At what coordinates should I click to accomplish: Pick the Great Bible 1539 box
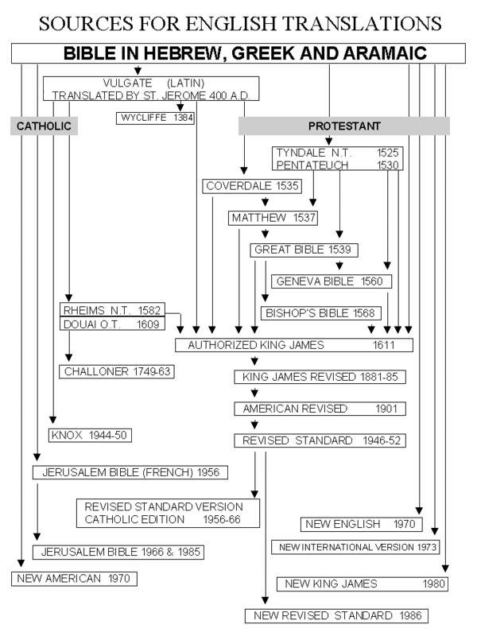click(304, 250)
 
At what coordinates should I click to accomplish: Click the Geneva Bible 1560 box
click(332, 281)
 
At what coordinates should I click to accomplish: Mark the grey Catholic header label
click(45, 126)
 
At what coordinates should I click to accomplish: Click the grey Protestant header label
click(344, 126)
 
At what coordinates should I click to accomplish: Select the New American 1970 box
click(75, 579)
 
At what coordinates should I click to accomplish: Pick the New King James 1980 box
click(363, 584)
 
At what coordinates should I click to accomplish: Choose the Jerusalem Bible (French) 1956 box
click(130, 473)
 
